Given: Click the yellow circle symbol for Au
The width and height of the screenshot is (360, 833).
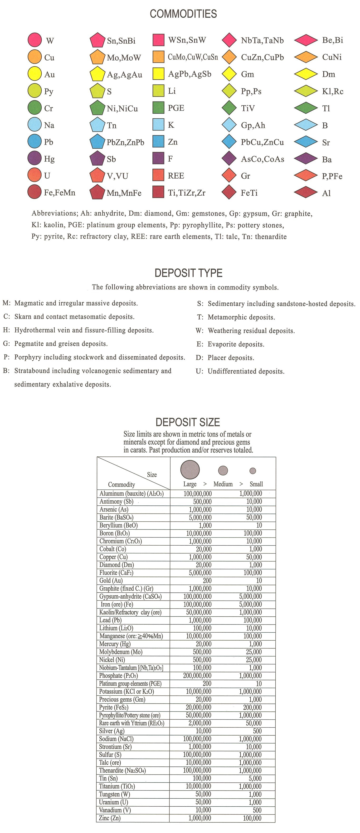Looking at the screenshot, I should tap(35, 74).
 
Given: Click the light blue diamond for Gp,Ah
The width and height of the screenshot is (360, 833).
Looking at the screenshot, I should tap(229, 125).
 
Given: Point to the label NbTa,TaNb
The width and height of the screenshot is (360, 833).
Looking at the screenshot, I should tap(262, 40).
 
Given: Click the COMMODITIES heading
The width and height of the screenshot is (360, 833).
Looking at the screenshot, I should tap(183, 14).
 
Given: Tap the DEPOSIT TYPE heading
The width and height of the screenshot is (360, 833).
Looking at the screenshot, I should tap(188, 273).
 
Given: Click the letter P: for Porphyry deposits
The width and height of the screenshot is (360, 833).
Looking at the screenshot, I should tap(6, 357).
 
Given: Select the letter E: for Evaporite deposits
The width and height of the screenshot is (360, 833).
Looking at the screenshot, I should tap(199, 344).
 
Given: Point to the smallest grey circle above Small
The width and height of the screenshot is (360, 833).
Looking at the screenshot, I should tap(253, 470).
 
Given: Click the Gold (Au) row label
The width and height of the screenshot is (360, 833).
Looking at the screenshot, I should tap(111, 581).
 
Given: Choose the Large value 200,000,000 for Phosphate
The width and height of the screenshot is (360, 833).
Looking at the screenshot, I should tap(197, 676).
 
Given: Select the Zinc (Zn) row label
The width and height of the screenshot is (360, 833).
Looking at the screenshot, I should tap(110, 818).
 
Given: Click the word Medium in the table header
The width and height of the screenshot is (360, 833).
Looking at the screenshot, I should tap(223, 484).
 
